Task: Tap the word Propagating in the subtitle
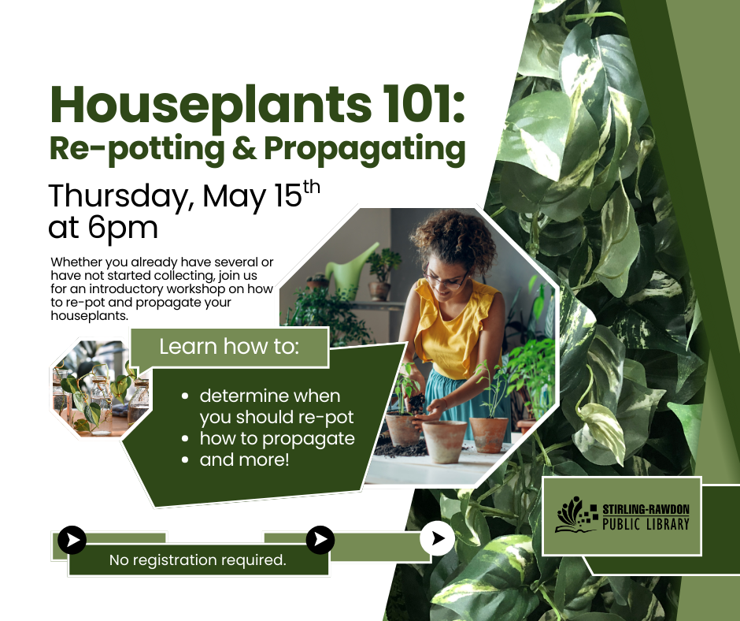364,150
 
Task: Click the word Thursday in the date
120,196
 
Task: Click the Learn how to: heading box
229,347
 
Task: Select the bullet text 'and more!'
245,459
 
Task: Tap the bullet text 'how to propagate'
277,439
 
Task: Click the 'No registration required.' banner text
198,560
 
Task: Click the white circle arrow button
438,538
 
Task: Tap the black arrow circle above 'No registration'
72,540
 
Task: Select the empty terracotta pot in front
445,441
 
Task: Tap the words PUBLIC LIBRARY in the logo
646,524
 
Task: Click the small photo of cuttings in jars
101,387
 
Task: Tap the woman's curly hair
456,239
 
